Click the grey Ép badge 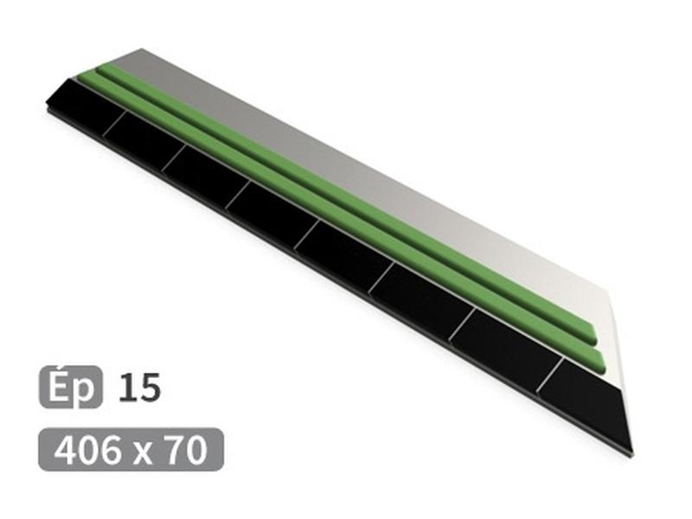[71, 387]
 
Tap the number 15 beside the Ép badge [139, 387]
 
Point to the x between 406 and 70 [141, 453]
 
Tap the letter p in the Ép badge [84, 391]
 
